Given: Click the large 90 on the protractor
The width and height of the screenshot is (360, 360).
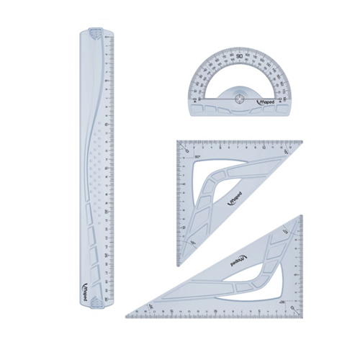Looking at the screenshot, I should click(238, 57).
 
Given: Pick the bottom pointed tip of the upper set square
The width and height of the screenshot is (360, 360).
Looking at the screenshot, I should click(180, 265).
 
